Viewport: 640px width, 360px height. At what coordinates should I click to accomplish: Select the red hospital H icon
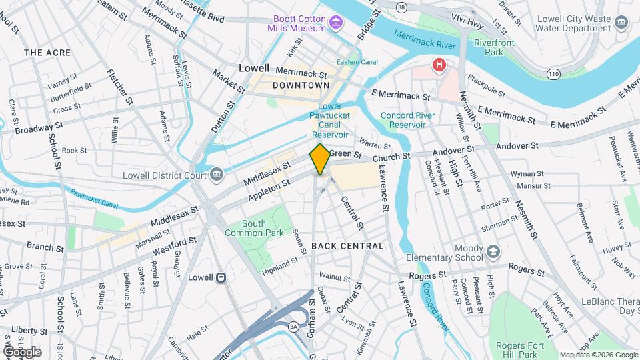pyautogui.click(x=438, y=65)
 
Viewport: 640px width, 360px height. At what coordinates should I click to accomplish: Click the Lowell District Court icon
pyautogui.click(x=217, y=175)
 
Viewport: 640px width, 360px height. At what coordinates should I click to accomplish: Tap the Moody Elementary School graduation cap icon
pyautogui.click(x=493, y=251)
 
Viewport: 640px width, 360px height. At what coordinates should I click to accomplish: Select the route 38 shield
pyautogui.click(x=401, y=7)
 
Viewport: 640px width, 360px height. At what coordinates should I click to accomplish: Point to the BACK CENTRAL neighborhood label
pyautogui.click(x=347, y=246)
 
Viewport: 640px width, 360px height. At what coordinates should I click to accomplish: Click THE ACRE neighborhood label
pyautogui.click(x=47, y=52)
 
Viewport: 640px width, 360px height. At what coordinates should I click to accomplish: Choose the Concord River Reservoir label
pyautogui.click(x=407, y=120)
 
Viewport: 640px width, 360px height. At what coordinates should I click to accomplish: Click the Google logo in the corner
pyautogui.click(x=22, y=351)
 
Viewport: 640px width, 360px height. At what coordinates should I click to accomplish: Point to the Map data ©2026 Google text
pyautogui.click(x=598, y=355)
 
